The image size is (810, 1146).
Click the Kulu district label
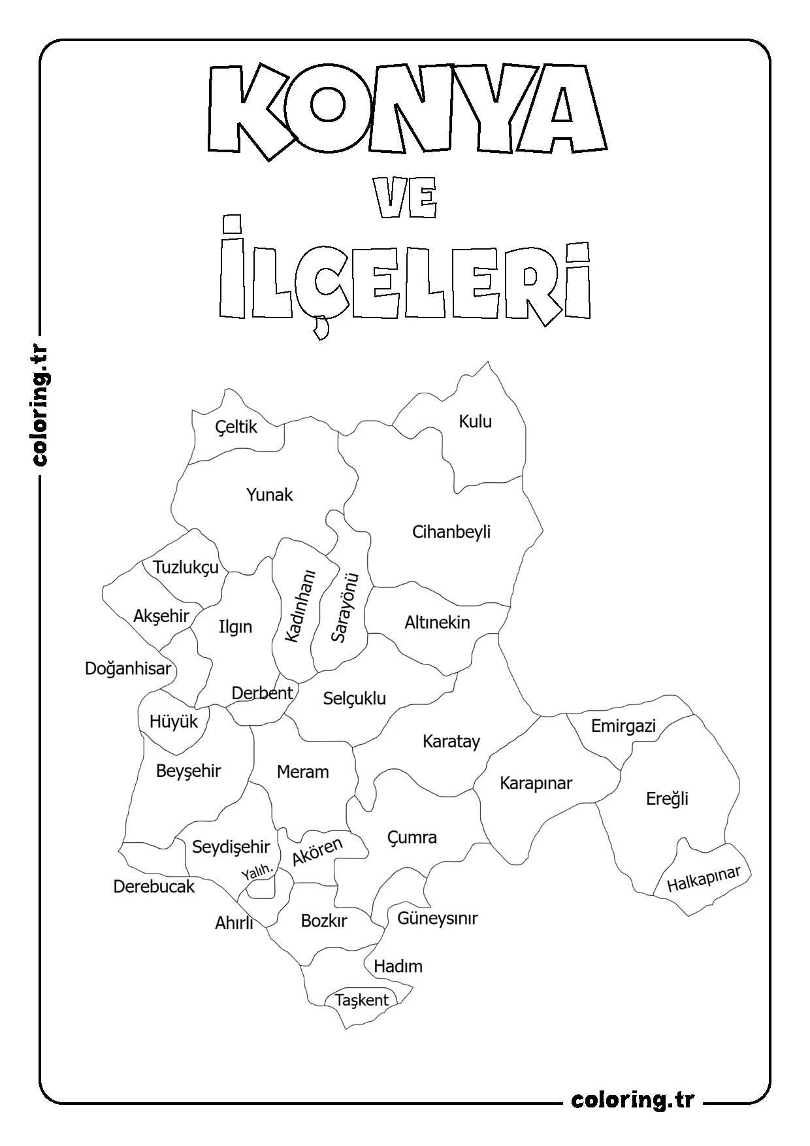point(475,421)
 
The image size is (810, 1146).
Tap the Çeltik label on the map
point(236,427)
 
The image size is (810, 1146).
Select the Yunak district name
point(269,495)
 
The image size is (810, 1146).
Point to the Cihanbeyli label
point(451,532)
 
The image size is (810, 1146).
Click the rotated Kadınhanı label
point(300,606)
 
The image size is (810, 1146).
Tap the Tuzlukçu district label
point(186,567)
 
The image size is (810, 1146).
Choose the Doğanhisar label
point(128,668)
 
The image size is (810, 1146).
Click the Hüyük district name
point(173,722)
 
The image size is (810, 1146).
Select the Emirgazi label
point(623,726)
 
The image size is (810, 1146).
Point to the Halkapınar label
point(704,879)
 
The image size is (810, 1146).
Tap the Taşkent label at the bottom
point(362,1000)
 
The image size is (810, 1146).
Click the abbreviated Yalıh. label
point(256,873)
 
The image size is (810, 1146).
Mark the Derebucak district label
point(154,887)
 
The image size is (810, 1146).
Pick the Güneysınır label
point(438,919)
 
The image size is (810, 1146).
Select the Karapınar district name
point(536,783)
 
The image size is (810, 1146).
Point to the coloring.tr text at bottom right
point(632,1100)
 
